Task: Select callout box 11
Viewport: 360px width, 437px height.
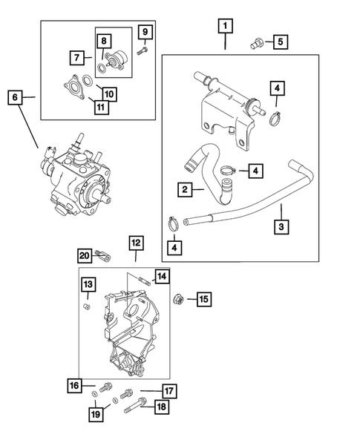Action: point(99,107)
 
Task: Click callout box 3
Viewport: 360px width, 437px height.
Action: point(281,226)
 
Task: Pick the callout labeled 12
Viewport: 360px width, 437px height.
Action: point(136,243)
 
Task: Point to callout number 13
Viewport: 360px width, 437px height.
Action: point(87,285)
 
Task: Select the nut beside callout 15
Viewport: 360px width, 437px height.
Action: point(179,300)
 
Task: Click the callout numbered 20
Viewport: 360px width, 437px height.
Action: point(84,256)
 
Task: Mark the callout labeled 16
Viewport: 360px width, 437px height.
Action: point(75,385)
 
